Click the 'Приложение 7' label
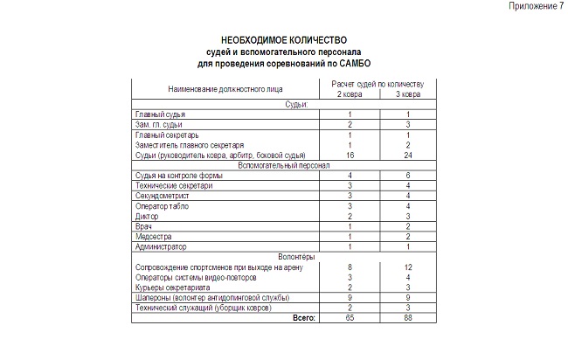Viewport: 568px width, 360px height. (x=536, y=6)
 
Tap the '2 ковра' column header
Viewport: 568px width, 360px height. (x=350, y=93)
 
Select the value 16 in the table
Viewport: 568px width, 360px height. (x=350, y=155)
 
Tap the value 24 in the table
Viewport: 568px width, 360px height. (x=407, y=155)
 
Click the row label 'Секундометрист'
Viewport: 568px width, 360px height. (x=163, y=196)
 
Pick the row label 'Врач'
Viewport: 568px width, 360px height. (x=143, y=225)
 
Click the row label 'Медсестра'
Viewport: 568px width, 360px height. (x=153, y=236)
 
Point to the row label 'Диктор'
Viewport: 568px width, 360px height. (x=147, y=216)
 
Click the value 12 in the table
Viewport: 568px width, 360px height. (x=407, y=267)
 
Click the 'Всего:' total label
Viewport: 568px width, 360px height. (x=303, y=318)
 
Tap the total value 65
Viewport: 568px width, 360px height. (x=350, y=318)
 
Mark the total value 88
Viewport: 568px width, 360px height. (x=407, y=318)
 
